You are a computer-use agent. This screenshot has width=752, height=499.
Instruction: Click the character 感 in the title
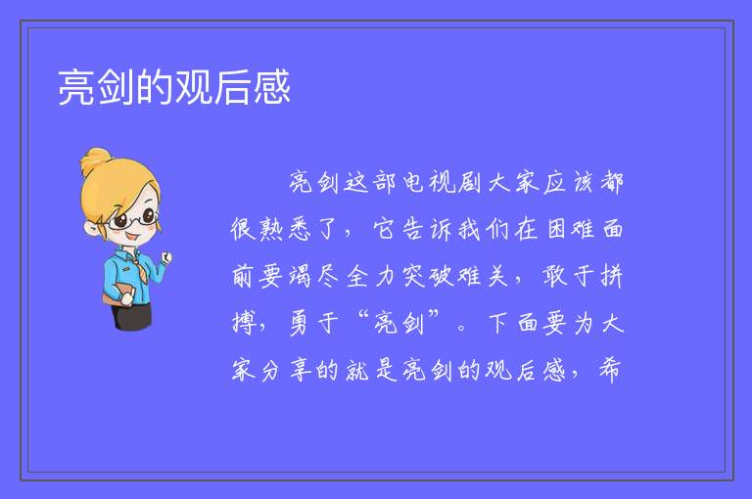(272, 87)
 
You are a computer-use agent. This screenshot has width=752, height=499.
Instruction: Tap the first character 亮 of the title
(76, 87)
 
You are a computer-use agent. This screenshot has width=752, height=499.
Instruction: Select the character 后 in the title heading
(233, 87)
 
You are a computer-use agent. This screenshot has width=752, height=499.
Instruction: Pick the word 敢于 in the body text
(568, 276)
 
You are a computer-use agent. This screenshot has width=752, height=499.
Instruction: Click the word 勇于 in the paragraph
(314, 323)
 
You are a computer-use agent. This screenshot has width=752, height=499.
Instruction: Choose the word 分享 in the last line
(286, 370)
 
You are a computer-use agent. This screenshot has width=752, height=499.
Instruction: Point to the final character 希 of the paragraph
(610, 370)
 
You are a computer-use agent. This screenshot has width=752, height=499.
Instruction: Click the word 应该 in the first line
(569, 182)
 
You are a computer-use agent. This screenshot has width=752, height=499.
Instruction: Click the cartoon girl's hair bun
(96, 159)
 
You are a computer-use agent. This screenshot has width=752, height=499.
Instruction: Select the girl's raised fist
(166, 258)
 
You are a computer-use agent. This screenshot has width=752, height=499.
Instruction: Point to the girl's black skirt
(132, 316)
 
